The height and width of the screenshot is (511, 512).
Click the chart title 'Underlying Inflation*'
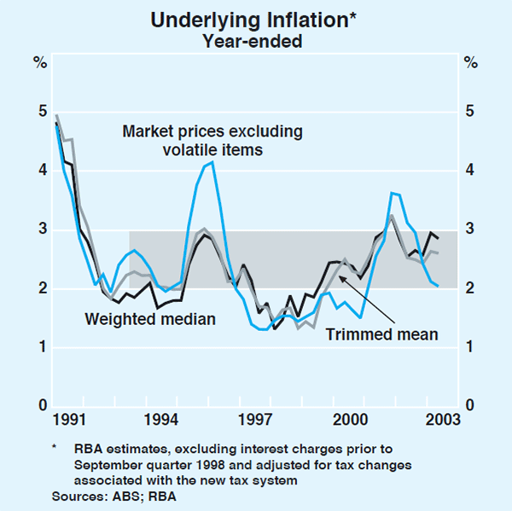(255, 20)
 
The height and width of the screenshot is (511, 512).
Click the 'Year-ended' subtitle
(255, 40)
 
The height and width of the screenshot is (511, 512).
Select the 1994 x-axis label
(161, 420)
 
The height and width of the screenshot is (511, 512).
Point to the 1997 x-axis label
(256, 420)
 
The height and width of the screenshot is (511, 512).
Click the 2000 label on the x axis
(350, 420)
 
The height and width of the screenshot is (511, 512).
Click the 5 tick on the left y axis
(40, 112)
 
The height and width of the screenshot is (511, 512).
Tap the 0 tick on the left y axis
(40, 406)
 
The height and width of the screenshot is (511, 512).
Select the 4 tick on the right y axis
(470, 171)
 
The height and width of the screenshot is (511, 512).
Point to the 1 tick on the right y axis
(470, 347)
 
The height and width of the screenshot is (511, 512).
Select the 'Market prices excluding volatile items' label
(212, 141)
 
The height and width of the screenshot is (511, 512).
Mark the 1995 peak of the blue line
(212, 161)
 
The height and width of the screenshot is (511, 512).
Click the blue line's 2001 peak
(392, 193)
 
